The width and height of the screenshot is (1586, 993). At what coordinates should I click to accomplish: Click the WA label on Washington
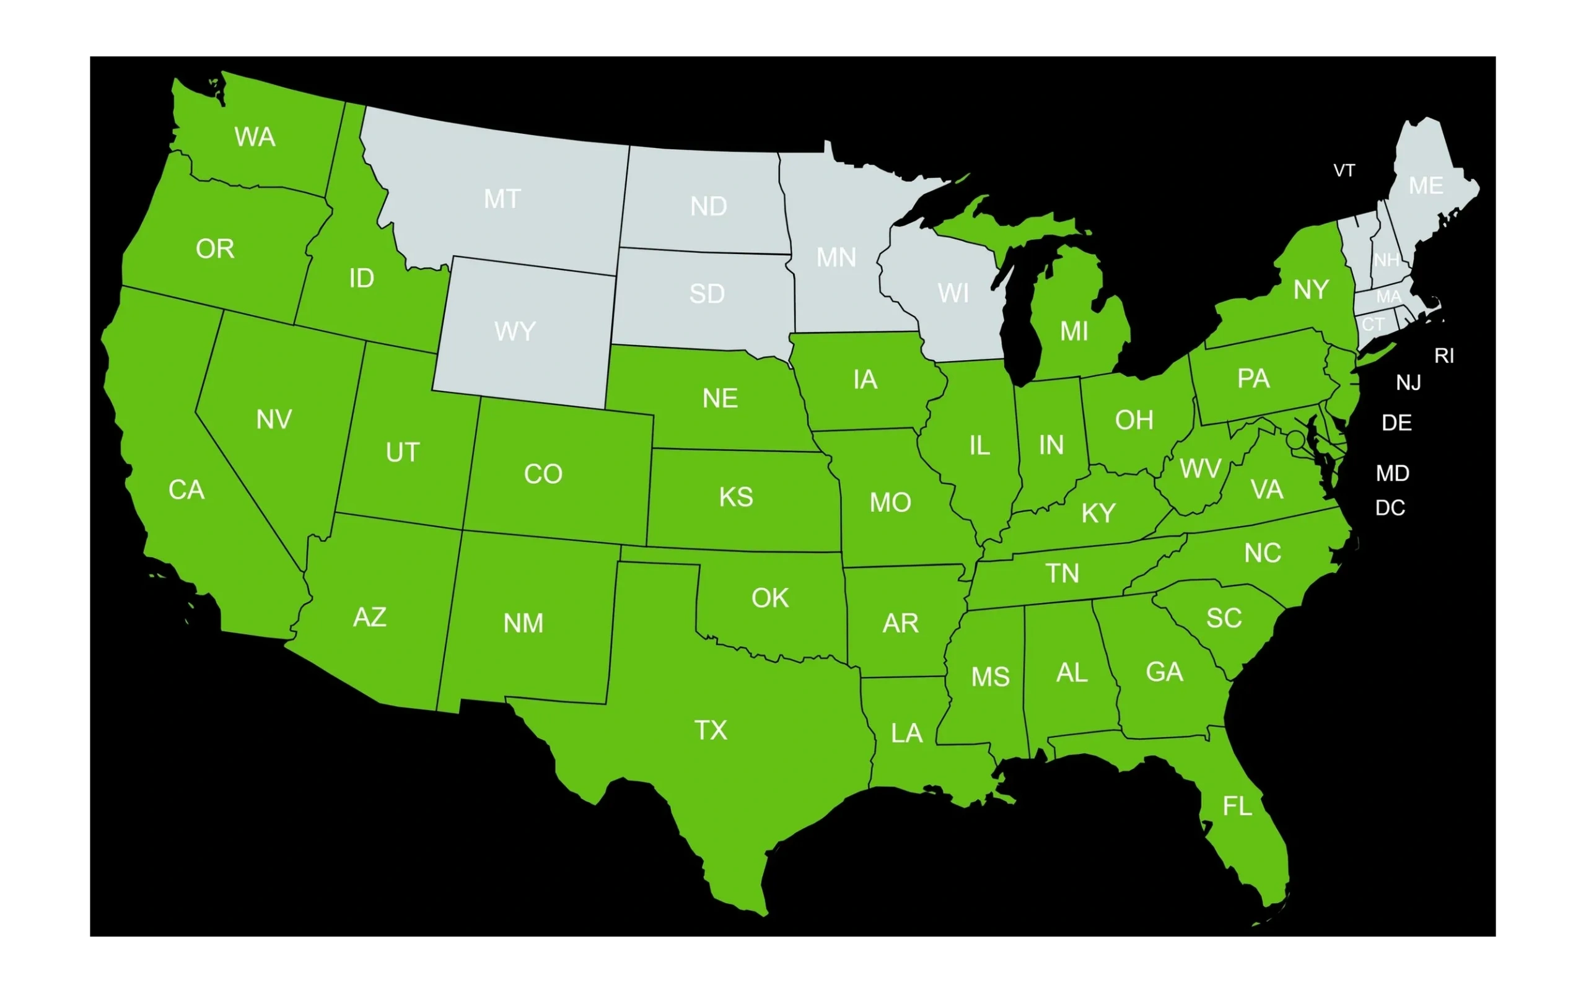[255, 138]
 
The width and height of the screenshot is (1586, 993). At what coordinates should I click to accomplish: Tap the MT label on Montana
[502, 199]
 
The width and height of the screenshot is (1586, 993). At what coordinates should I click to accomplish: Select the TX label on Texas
[711, 730]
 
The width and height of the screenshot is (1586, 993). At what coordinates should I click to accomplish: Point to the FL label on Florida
[1237, 807]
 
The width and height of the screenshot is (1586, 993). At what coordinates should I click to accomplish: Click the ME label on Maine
[1426, 186]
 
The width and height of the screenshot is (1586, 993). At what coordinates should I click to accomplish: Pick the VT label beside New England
[1344, 171]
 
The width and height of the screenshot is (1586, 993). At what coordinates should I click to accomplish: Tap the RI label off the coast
[1444, 356]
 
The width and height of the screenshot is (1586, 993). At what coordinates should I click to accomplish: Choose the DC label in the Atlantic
[1390, 508]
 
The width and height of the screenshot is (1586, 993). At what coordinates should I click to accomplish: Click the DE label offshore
[1397, 423]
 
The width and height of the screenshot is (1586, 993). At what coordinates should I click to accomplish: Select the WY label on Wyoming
[515, 331]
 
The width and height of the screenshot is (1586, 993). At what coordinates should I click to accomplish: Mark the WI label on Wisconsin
[953, 294]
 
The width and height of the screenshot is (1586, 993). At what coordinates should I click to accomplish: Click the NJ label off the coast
[1409, 382]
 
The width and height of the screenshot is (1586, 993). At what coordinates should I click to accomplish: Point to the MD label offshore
[1393, 473]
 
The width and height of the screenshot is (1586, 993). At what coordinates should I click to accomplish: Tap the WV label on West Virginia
[1200, 469]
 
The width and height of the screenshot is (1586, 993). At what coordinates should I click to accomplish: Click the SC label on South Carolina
[1224, 618]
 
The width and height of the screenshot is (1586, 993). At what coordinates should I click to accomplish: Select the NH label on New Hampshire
[1387, 261]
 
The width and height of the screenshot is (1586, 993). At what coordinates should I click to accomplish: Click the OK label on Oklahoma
[769, 598]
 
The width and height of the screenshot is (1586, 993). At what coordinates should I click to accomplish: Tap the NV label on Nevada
[274, 419]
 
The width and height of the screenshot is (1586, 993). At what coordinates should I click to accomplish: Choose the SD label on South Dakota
[707, 294]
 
